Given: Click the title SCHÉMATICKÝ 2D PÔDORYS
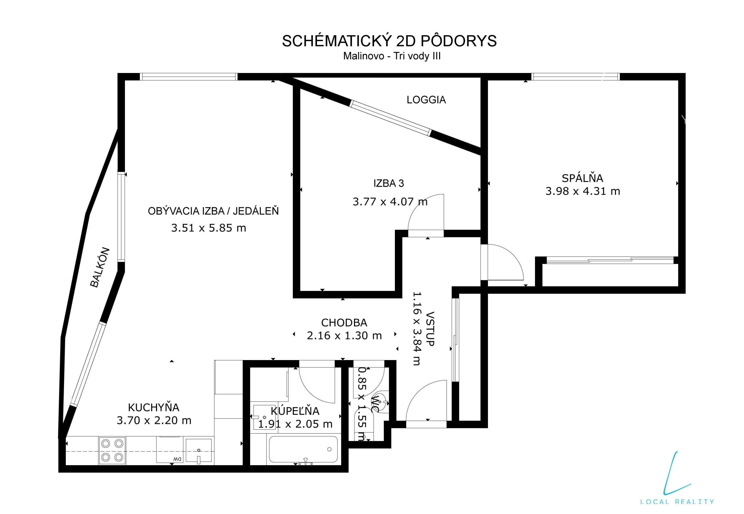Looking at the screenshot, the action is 389,41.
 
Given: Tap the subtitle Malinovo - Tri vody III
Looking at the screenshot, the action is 391,56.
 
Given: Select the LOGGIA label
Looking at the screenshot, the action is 426,100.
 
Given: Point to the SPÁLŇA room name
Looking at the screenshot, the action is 583,178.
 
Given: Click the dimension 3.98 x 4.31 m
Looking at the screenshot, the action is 583,191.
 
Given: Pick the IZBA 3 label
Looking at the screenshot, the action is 389,183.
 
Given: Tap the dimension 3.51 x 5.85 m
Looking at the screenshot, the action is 208,228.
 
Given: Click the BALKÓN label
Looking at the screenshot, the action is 100,267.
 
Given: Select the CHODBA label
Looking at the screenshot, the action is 344,322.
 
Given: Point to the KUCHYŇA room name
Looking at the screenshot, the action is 154,407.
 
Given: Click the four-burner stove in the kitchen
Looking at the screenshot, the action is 112,450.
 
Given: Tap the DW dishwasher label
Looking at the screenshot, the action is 177,459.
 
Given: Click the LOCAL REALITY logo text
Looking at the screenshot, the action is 677,501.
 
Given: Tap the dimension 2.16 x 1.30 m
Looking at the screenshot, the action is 344,336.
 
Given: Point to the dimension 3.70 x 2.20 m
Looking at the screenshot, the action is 154,421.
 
